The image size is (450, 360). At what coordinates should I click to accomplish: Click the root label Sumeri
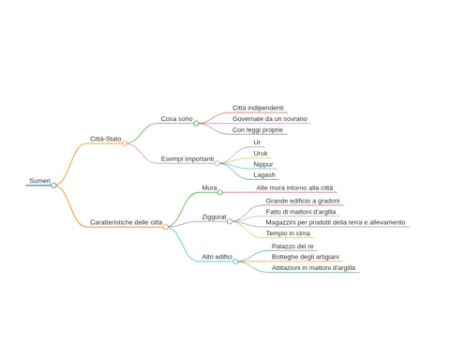click(39, 181)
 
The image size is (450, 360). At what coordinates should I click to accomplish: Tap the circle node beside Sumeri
click(53, 186)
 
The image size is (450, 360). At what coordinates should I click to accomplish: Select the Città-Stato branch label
click(105, 139)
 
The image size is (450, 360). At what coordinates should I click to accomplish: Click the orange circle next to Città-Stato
click(125, 143)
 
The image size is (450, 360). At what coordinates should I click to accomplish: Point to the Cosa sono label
click(176, 119)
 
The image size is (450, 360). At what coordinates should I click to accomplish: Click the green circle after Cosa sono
click(196, 124)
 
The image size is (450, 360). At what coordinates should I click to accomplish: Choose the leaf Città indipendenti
click(258, 108)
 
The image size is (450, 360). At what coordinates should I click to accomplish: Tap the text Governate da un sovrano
click(270, 119)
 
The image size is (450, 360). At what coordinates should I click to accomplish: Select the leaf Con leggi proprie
click(258, 130)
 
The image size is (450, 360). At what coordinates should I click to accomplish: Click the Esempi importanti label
click(187, 158)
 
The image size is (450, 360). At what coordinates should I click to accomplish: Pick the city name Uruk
click(261, 154)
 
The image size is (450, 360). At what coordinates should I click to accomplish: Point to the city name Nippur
click(263, 164)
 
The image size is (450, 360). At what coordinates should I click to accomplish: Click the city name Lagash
click(264, 175)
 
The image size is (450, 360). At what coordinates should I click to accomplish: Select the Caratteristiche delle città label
click(127, 222)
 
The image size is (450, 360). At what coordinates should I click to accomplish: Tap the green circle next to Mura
click(220, 192)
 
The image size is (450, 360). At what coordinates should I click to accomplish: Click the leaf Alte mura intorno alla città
click(294, 187)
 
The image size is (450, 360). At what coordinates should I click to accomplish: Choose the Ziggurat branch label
click(214, 217)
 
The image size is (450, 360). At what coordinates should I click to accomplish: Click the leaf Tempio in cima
click(288, 233)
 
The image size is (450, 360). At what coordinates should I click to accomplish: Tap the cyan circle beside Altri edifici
click(235, 262)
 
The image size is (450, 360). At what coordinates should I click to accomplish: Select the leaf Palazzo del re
click(292, 247)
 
